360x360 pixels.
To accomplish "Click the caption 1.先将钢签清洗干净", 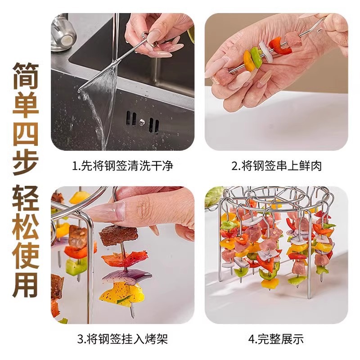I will click(x=122, y=166).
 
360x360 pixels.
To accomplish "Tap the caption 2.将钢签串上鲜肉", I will click(x=276, y=166).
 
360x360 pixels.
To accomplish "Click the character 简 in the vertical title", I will click(x=25, y=76).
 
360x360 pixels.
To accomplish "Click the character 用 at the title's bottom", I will click(x=25, y=282).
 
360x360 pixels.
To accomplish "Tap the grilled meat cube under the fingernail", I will click(x=118, y=235).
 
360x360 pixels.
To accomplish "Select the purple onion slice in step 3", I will click(x=126, y=276).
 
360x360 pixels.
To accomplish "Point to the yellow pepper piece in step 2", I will click(x=248, y=61).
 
